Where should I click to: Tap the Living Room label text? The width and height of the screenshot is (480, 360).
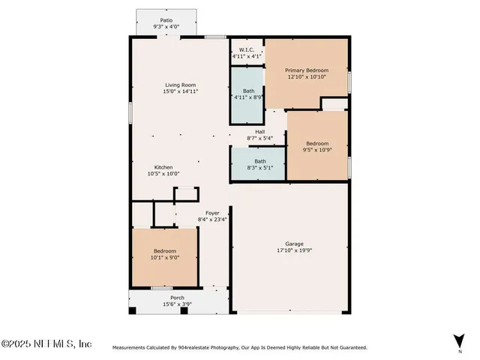tap(181, 85)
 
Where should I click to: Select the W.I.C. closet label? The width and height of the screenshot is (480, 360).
tap(246, 49)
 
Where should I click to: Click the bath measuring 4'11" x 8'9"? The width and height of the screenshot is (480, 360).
tap(247, 94)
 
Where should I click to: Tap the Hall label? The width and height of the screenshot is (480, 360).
tap(259, 132)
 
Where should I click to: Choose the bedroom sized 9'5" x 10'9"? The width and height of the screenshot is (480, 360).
tap(316, 146)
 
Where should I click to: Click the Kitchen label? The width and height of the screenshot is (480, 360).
tap(163, 166)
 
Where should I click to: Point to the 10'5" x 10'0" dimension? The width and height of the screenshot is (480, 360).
tap(163, 173)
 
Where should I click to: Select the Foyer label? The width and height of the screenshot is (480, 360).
tap(212, 213)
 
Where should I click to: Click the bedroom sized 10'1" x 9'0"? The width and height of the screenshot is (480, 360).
tap(165, 254)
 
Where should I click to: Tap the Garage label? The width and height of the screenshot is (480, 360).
tap(294, 244)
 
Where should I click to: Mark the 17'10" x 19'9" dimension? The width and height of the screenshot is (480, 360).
tap(294, 250)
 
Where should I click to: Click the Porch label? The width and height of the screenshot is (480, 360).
tap(177, 297)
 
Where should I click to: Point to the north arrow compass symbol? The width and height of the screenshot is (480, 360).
tap(456, 342)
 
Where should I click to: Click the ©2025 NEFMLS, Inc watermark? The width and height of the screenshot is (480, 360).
tap(46, 343)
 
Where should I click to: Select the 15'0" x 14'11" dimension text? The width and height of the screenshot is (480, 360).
tap(181, 91)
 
